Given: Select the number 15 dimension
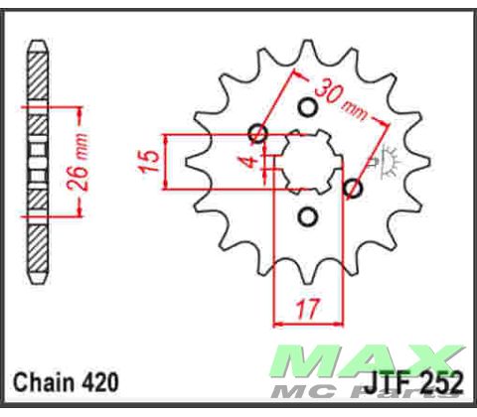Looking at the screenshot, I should (x=147, y=159).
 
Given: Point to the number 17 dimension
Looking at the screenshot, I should (x=307, y=307).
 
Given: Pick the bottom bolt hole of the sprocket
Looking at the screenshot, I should (x=307, y=215).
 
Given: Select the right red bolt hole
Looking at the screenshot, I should (x=352, y=187).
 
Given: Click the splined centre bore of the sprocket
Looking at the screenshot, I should (x=307, y=161).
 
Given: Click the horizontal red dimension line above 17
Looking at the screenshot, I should (x=307, y=324).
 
